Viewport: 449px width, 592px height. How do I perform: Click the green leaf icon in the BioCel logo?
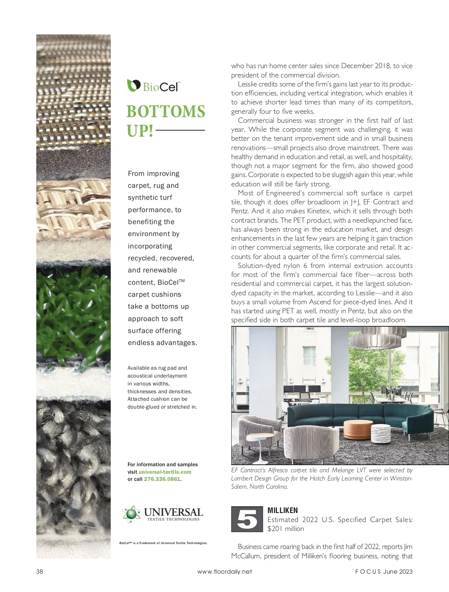133,85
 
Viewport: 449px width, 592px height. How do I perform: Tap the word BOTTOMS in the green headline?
166,112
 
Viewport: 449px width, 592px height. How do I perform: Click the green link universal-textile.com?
165,472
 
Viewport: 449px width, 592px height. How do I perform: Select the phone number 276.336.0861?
162,479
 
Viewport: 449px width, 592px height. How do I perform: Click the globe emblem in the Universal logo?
131,514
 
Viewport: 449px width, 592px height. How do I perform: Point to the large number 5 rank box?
247,519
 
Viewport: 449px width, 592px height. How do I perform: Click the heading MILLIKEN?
283,510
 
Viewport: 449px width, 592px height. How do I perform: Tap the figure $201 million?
286,529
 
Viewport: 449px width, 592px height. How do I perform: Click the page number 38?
40,571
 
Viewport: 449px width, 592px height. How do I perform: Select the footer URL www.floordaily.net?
224,571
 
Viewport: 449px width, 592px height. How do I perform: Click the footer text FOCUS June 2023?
384,571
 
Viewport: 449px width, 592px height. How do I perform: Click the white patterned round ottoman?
381,434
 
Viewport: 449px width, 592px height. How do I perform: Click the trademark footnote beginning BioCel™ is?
163,543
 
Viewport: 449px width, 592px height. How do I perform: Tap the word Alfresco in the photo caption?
278,470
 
